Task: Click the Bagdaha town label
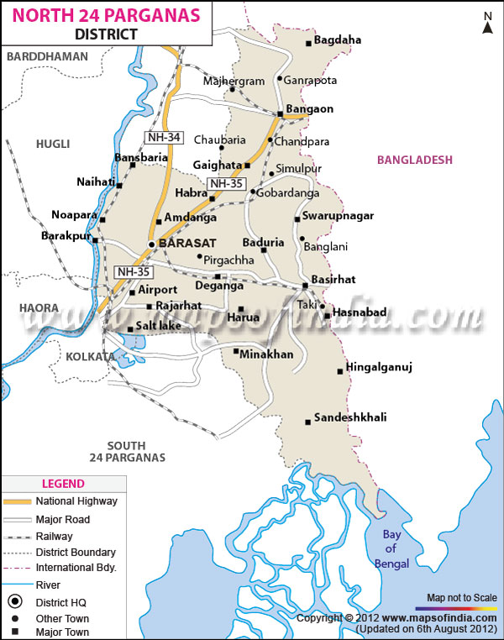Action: pos(339,40)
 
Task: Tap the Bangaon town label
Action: pos(310,109)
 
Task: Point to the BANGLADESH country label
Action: pos(415,160)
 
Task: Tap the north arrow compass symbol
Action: pos(487,23)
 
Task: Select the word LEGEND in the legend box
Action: pos(63,484)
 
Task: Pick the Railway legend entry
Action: pos(54,536)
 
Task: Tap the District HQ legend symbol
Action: pos(15,601)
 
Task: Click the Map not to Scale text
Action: pos(461,597)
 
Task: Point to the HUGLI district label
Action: pos(51,144)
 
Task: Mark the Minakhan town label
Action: pos(266,354)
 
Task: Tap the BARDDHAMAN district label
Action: pos(47,56)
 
